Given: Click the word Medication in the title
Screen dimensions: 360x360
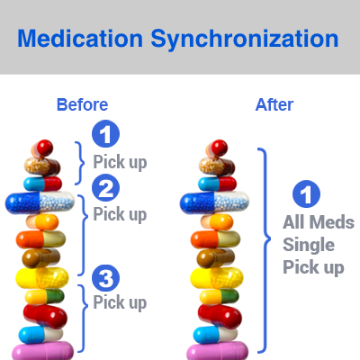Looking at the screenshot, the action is (80, 39).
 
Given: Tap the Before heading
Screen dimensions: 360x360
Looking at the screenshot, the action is (83, 104).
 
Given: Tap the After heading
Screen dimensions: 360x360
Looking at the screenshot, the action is (274, 104).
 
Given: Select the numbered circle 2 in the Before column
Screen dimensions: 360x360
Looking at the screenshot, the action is (105, 188).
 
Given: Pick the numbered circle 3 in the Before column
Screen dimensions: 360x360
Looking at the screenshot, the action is (105, 278).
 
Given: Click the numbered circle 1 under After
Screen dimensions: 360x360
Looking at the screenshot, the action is (306, 193).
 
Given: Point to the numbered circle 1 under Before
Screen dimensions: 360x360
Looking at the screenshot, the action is (105, 134).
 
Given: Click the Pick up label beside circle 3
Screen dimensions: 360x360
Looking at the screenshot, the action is (120, 302).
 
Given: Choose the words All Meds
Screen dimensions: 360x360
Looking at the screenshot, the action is (319, 222).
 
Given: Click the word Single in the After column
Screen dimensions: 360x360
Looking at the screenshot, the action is (309, 246).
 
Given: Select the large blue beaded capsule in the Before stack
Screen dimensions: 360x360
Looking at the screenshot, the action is (40, 202).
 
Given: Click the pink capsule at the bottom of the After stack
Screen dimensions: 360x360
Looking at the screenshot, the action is (218, 352).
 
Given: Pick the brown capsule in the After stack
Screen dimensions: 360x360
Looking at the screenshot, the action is (216, 258).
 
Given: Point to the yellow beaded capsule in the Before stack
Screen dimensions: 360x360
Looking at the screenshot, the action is (42, 278).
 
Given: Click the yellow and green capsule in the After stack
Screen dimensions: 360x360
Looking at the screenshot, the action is (220, 297).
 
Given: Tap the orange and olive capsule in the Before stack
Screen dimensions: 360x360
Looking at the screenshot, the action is (40, 239).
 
